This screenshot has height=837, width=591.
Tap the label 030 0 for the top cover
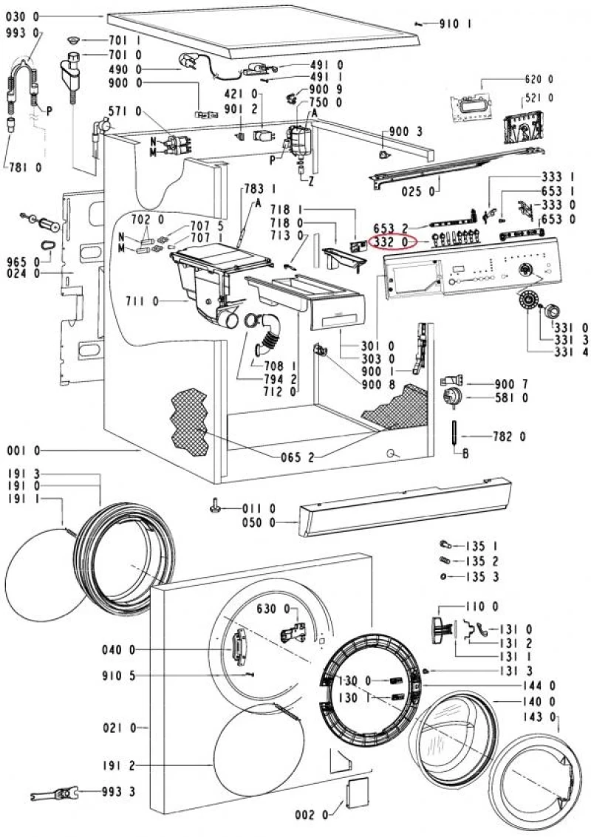click(22, 17)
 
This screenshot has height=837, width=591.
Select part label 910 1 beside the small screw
click(455, 24)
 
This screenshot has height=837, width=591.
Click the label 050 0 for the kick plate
click(259, 522)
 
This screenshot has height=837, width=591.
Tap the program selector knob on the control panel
click(527, 269)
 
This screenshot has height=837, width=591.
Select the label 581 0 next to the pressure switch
click(511, 397)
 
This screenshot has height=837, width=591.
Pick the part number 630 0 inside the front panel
click(273, 609)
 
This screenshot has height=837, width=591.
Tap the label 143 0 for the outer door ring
click(539, 717)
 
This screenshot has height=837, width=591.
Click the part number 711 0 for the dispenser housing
click(142, 301)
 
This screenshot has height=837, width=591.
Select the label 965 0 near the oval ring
click(23, 262)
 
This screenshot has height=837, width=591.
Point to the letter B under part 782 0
click(465, 454)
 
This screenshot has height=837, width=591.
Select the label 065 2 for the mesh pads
click(298, 457)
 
